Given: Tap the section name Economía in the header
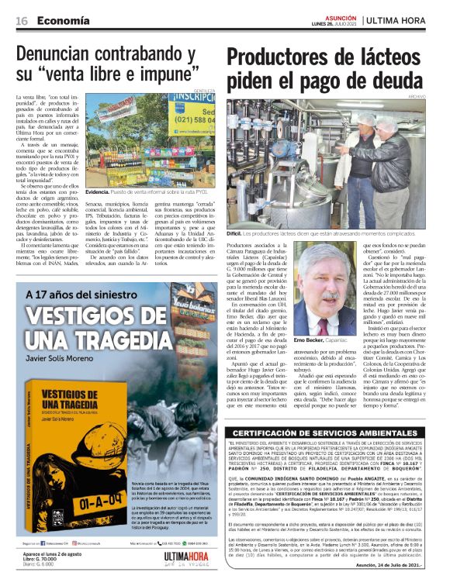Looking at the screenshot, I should click(x=61, y=21).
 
